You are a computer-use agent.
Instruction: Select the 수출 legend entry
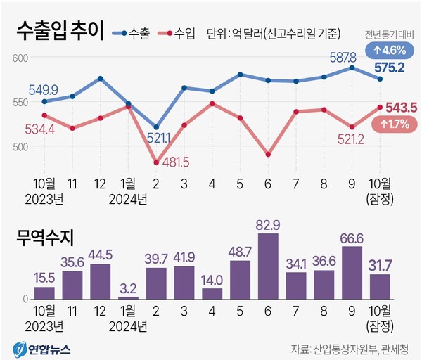tap(135, 33)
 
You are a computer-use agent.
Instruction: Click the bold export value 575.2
tap(389, 68)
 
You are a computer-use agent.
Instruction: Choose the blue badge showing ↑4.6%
tap(390, 50)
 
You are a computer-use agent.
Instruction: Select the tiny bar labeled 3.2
tap(128, 297)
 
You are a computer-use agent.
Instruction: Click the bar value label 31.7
tap(381, 265)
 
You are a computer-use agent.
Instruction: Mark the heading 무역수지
tap(46, 237)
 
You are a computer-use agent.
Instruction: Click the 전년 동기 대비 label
tap(390, 35)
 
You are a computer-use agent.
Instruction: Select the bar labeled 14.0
tap(212, 293)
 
